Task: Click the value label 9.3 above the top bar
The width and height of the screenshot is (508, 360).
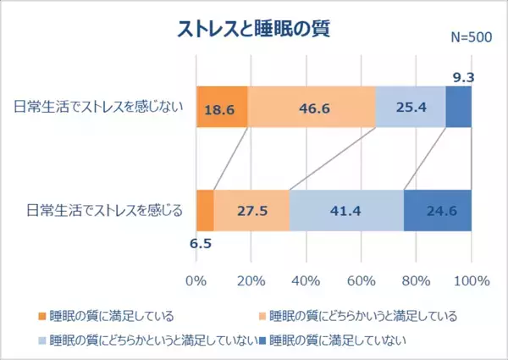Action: pos(463,77)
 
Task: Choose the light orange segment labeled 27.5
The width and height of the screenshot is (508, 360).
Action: pos(251,210)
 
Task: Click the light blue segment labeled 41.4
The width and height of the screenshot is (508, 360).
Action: pos(346,210)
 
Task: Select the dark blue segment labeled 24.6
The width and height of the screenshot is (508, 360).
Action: pos(438,210)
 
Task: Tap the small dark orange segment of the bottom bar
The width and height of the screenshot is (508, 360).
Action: pos(205,210)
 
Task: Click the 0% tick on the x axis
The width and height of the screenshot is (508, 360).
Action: pos(196,280)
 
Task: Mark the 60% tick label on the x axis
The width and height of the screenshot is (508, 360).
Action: pos(362,280)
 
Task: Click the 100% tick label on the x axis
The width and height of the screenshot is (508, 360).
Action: pos(471,280)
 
